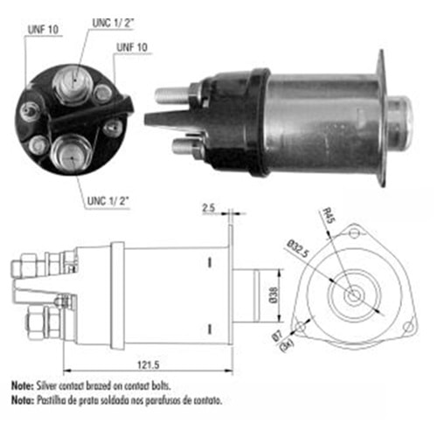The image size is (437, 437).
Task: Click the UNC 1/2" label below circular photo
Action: [108, 201]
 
